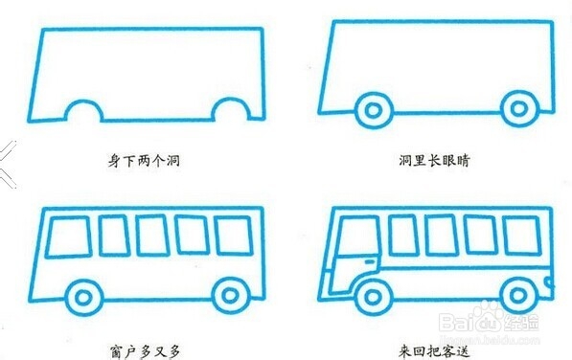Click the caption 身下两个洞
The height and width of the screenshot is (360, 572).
[145, 160]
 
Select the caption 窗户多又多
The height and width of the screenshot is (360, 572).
[145, 350]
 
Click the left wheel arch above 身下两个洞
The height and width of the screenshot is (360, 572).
[83, 113]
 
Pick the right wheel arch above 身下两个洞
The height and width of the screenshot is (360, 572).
[226, 113]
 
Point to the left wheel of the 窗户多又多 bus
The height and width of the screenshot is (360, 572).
[84, 295]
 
